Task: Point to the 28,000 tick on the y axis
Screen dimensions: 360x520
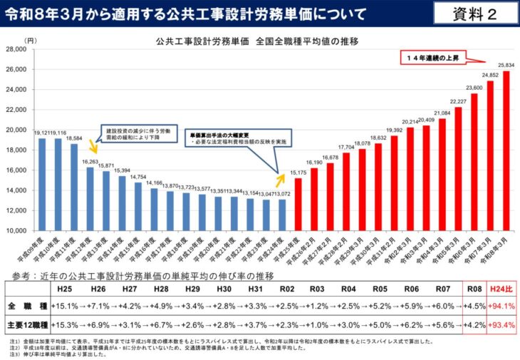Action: click(15, 49)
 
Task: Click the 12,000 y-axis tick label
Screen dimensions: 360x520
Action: click(15, 211)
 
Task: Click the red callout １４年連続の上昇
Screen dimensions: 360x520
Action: click(439, 56)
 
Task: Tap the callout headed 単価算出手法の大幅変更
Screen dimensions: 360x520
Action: click(227, 138)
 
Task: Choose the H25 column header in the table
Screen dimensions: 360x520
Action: click(63, 289)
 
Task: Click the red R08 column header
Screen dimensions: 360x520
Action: click(472, 289)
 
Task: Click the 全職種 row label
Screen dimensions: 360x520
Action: click(26, 307)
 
